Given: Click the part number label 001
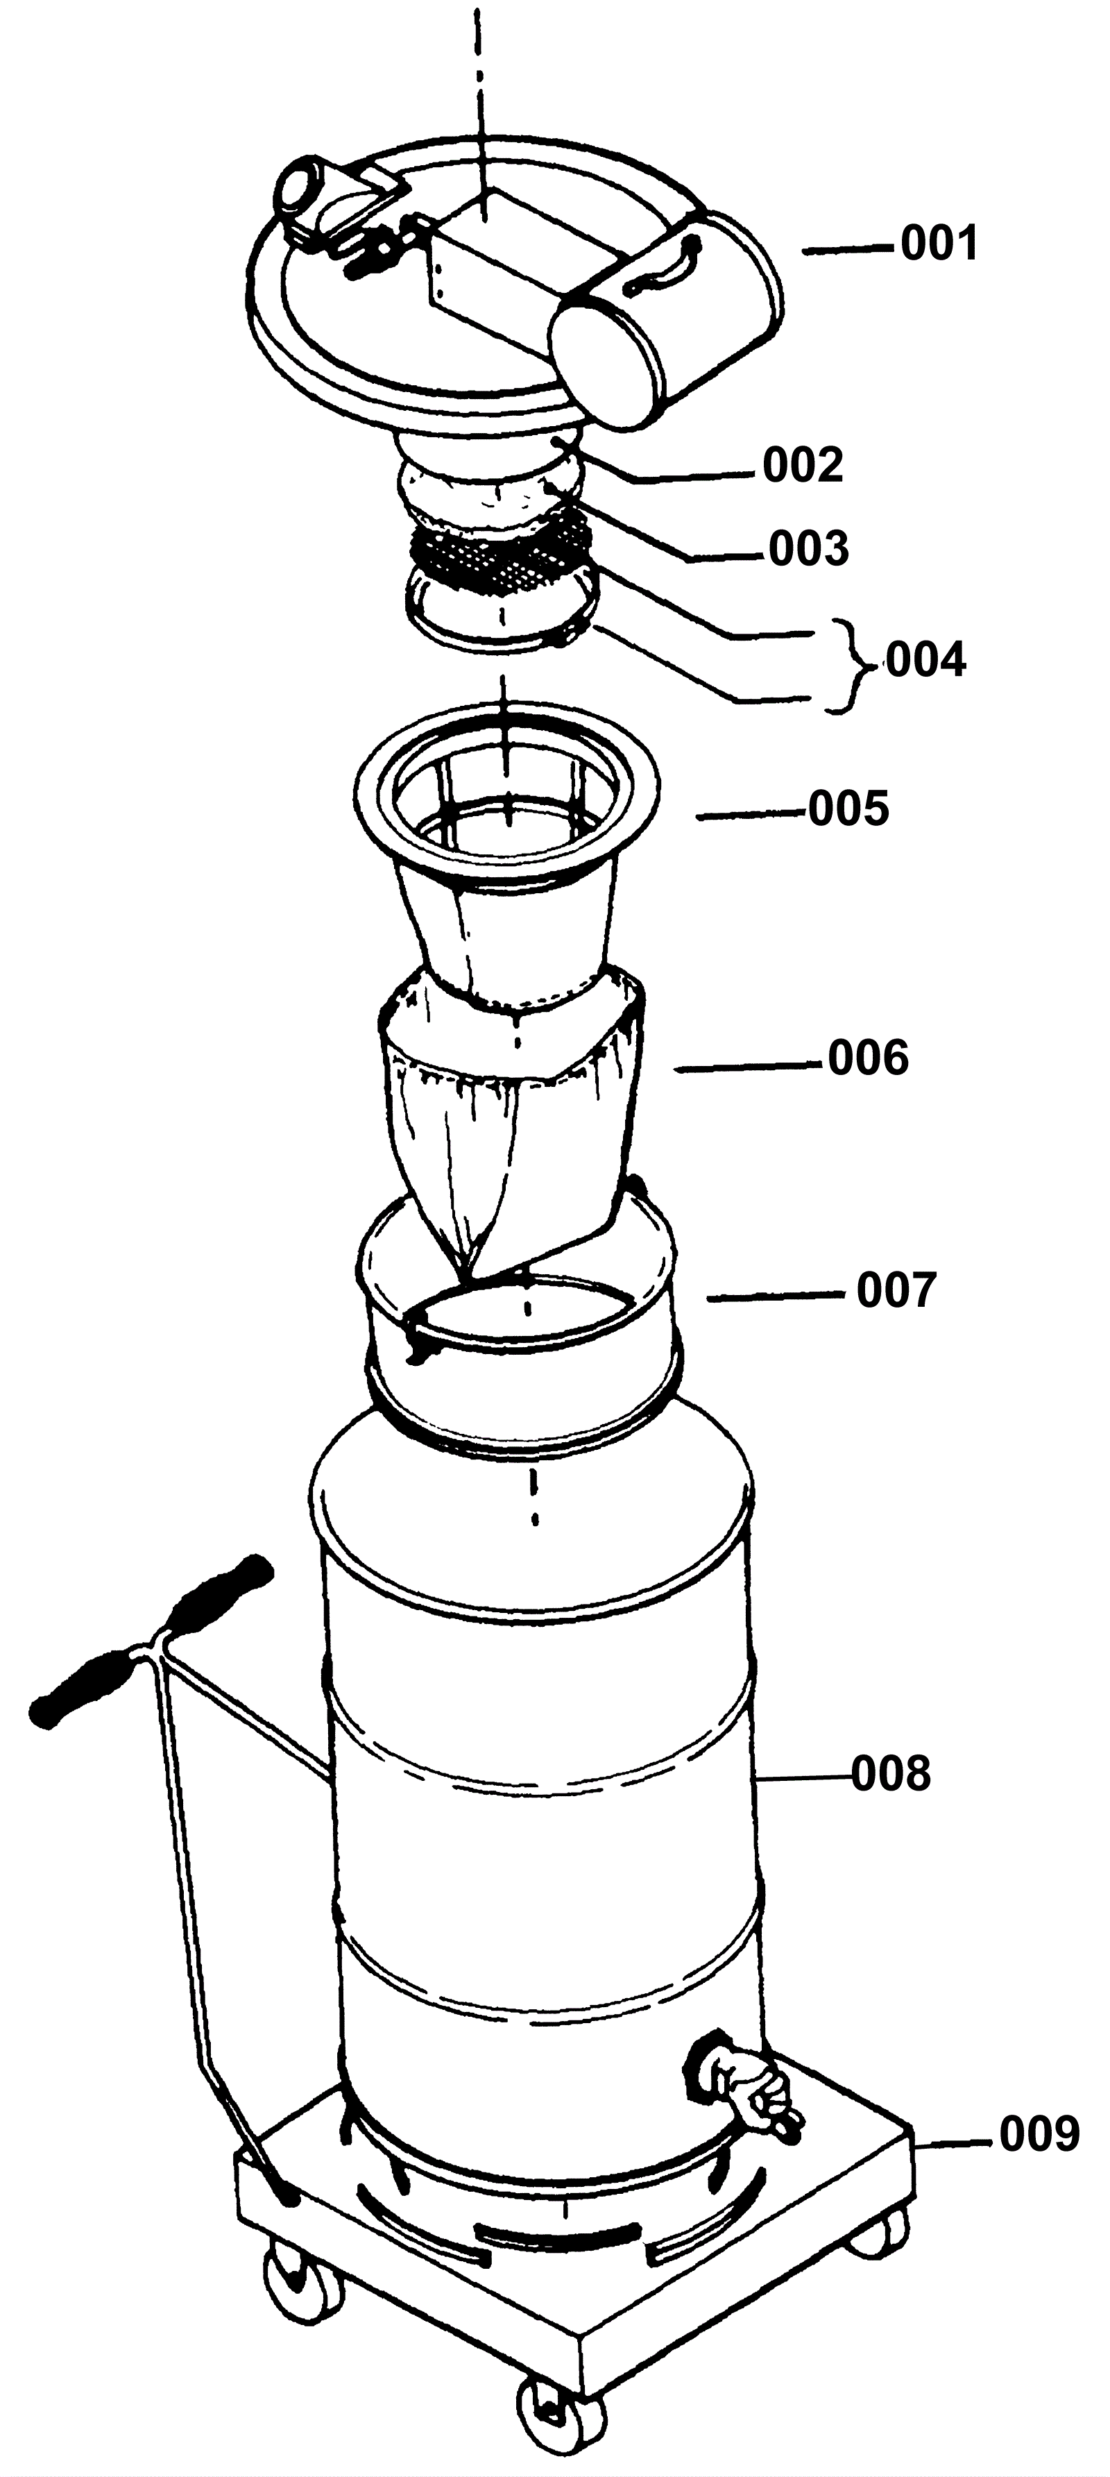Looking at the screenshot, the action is coord(939,244).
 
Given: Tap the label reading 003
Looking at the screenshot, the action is coord(809,548).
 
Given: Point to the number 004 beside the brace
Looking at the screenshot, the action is coord(925,661).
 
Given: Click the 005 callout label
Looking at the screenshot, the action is coord(848,809).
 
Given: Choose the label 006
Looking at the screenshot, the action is coord(868,1058).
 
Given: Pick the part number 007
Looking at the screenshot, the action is coord(896,1290).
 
